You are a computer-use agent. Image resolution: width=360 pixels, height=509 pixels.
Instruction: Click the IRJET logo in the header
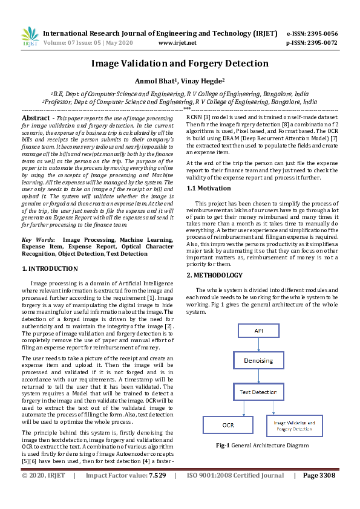[x=30, y=37]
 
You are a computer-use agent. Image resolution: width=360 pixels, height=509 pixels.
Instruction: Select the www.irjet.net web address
[x=177, y=43]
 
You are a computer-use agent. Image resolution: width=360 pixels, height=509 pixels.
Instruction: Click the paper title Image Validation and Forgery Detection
[x=180, y=63]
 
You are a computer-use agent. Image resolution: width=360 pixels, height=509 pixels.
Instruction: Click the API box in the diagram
[x=258, y=331]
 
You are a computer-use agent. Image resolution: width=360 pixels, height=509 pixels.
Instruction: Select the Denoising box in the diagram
[x=258, y=361]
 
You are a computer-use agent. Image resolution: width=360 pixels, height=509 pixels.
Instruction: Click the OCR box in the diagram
[x=227, y=425]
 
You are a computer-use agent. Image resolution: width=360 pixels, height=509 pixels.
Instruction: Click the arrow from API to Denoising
[x=258, y=345]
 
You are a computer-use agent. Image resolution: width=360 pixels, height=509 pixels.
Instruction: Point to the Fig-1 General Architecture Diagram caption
[x=262, y=446]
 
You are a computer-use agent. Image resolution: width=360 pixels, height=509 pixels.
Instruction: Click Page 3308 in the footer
[x=319, y=476]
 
